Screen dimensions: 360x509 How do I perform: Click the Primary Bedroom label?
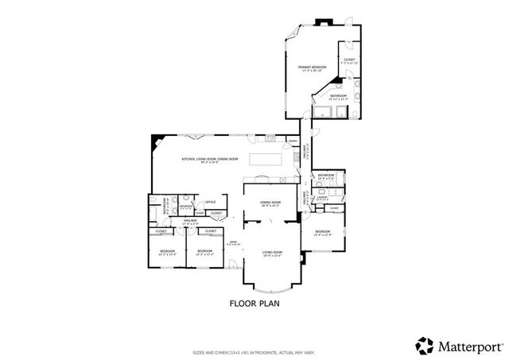313,68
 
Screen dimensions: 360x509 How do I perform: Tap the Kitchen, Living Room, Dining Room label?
210,159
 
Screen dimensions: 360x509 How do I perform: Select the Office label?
211,202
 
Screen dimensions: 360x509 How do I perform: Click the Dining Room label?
271,202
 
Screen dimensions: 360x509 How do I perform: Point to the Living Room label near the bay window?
273,253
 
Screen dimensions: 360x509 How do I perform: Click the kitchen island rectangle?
267,160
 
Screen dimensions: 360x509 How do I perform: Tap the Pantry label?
293,142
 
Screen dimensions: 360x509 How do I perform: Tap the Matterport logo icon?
423,345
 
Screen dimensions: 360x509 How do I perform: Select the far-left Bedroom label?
167,252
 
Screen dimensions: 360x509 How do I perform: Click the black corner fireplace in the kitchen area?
156,140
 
